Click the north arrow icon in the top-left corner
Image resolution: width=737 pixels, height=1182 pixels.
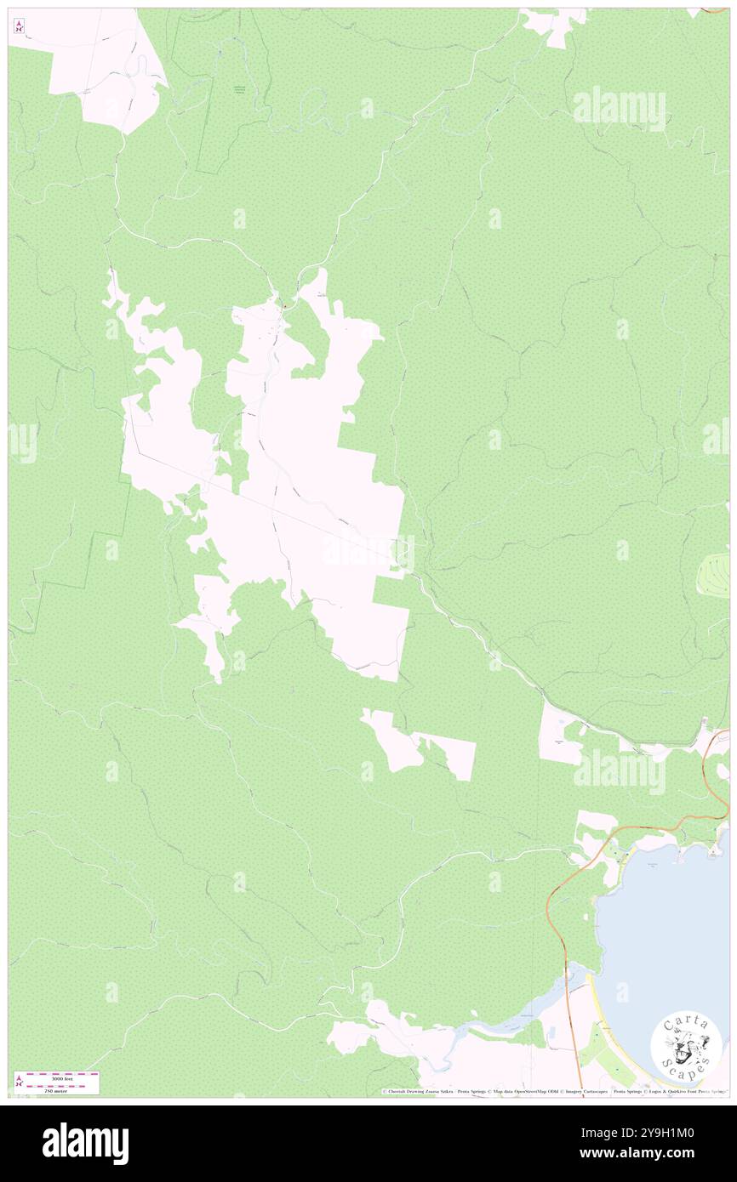click(19, 26)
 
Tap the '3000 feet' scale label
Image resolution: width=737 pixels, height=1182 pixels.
click(63, 1077)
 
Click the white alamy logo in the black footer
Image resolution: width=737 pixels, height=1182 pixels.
click(85, 1143)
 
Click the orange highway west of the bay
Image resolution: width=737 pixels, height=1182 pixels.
click(557, 901)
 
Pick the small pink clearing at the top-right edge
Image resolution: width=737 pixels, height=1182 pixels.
click(553, 24)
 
